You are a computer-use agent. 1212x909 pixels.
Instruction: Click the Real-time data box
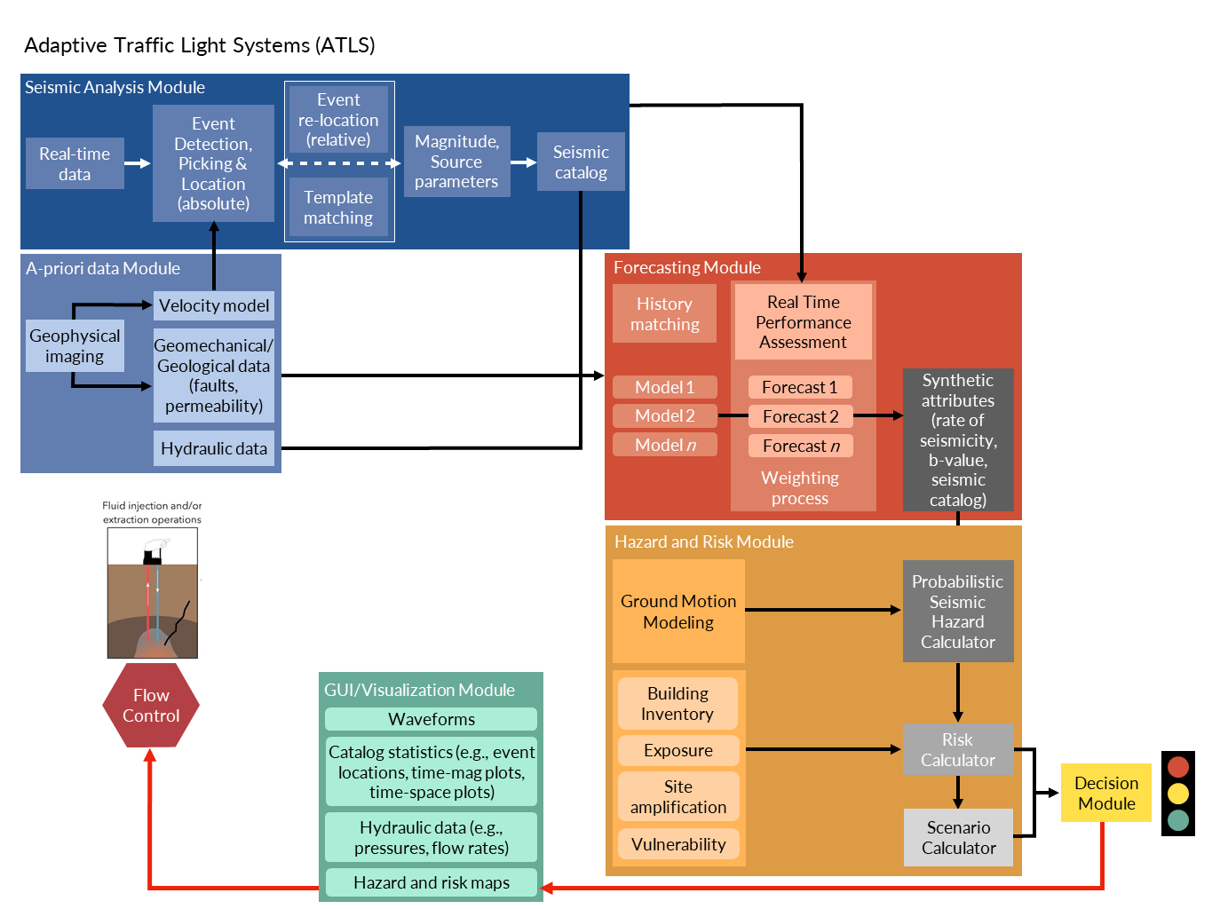(x=75, y=163)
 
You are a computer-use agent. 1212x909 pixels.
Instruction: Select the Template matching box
(x=338, y=208)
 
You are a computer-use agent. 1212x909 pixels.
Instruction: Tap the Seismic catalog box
(x=581, y=162)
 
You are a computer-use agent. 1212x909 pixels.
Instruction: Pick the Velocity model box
(x=214, y=305)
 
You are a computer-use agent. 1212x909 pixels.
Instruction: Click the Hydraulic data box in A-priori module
(x=214, y=448)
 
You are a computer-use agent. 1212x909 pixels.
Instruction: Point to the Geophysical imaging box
(x=75, y=346)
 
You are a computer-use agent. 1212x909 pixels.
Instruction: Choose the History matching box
(x=664, y=314)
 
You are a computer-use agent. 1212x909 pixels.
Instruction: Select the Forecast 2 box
(x=800, y=416)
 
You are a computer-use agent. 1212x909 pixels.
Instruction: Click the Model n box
(x=665, y=445)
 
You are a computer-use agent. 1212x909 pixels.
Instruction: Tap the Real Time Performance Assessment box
(x=803, y=322)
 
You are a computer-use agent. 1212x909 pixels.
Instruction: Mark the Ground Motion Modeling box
(x=678, y=612)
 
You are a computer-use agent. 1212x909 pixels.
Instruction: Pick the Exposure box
(x=678, y=750)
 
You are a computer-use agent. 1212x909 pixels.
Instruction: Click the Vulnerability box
(x=678, y=844)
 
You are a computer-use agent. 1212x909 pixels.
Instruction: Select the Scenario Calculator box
(x=958, y=837)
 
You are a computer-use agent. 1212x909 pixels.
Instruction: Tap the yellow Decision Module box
(x=1106, y=793)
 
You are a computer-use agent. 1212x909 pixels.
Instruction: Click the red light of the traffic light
(x=1178, y=766)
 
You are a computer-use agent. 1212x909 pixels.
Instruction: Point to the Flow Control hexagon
(x=151, y=706)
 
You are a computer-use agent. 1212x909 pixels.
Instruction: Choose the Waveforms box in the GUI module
(x=432, y=719)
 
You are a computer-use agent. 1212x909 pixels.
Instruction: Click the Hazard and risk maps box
(x=432, y=882)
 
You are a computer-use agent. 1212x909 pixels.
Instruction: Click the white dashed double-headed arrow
(x=339, y=163)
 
